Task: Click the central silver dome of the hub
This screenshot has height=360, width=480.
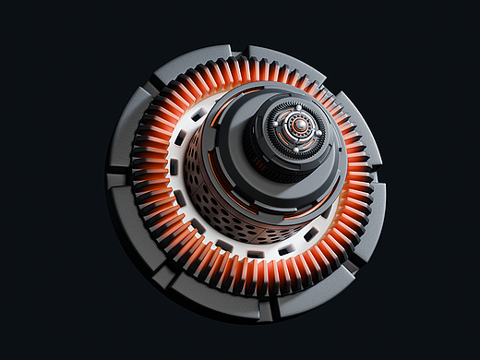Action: pos(299,127)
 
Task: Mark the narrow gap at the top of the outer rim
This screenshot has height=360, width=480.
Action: pos(242,47)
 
